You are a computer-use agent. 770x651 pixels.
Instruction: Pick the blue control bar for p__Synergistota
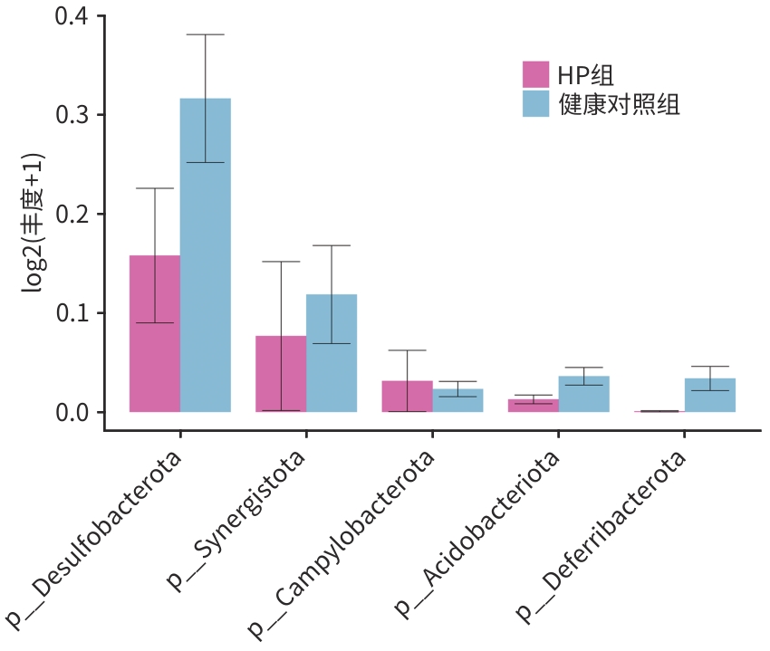pos(332,353)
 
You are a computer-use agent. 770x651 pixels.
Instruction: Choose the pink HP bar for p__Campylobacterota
pos(407,397)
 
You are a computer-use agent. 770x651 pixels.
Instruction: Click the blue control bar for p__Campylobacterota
pos(457,400)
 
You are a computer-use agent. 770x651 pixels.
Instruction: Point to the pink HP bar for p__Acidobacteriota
pos(533,406)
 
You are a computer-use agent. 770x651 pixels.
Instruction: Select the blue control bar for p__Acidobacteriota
pos(583,395)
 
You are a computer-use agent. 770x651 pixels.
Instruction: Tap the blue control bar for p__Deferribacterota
pos(709,396)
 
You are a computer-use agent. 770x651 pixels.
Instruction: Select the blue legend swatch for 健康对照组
pos(536,103)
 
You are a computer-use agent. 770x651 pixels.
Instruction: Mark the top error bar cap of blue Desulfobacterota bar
pos(206,34)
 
